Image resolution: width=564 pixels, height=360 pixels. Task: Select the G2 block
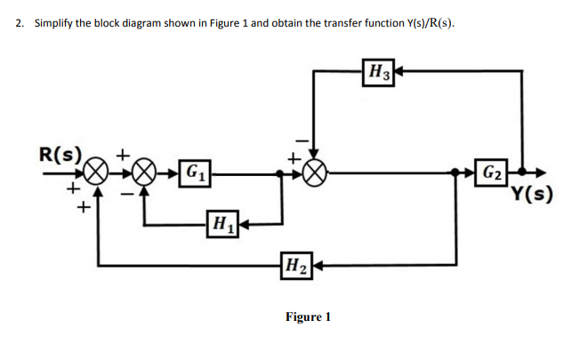(x=493, y=172)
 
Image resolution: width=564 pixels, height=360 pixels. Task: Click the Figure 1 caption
(x=307, y=316)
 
